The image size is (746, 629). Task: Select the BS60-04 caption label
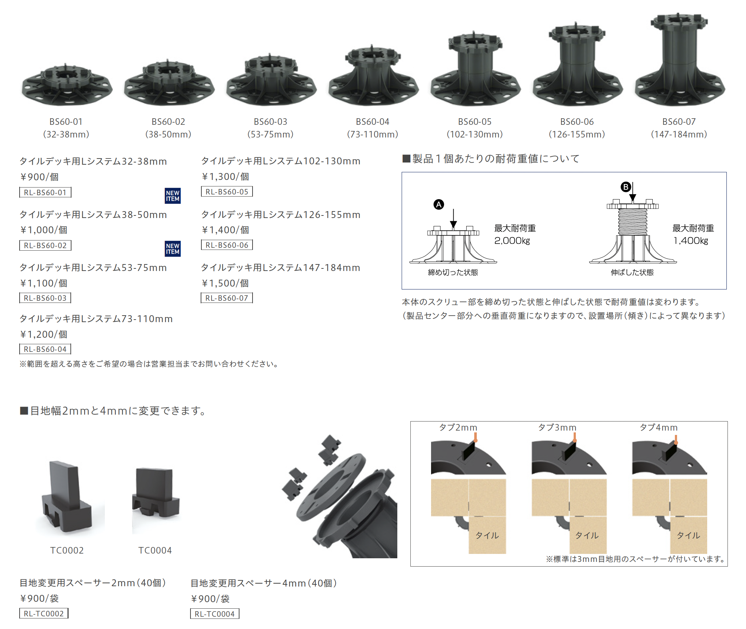point(372,122)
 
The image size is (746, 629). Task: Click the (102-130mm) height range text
point(475,135)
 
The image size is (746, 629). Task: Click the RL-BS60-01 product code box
point(45,192)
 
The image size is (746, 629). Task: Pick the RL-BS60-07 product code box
point(227,298)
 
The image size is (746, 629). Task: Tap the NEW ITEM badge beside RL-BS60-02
point(173,249)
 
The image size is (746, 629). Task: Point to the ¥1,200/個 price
point(44,334)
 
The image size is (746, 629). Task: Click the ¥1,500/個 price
point(225,283)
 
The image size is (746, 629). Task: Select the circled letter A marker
point(439,205)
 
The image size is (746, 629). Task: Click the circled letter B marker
point(626,187)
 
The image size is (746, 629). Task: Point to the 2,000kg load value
point(512,241)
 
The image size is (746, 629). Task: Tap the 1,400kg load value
point(691,241)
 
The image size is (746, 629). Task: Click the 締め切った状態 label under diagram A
point(453,272)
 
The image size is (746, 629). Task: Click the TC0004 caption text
point(155,551)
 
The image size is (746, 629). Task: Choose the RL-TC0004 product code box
point(215,614)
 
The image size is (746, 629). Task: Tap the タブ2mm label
point(458,428)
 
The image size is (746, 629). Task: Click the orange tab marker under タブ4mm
point(676,440)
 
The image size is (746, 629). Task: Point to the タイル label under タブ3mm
point(587,535)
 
